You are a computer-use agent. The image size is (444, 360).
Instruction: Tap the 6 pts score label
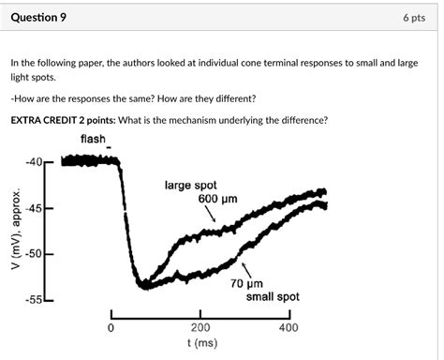(x=416, y=17)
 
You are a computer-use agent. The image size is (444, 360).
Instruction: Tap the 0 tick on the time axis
(x=111, y=328)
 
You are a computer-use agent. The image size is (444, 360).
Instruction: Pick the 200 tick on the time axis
(x=200, y=328)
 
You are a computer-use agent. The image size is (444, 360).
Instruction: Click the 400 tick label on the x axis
(x=289, y=328)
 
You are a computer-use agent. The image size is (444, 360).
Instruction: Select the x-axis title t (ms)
(x=200, y=343)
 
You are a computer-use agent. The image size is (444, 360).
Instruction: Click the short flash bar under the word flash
(x=110, y=149)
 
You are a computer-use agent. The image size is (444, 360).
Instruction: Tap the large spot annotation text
(x=191, y=186)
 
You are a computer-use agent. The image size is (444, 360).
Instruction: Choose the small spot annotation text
(x=273, y=296)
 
